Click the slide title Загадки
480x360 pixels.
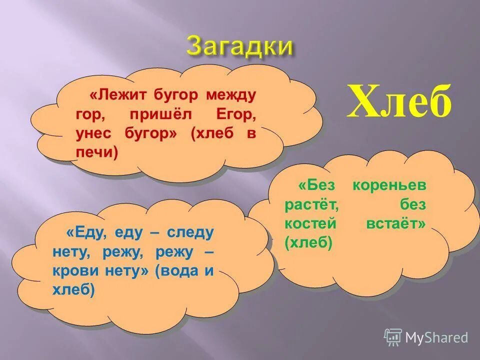[x=239, y=46]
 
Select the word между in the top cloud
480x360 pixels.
[x=232, y=94]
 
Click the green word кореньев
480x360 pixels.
[x=389, y=185]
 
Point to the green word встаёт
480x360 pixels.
[x=395, y=224]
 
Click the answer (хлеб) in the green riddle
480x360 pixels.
[x=308, y=243]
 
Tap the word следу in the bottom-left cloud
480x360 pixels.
[x=190, y=232]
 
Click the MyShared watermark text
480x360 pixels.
[x=436, y=337]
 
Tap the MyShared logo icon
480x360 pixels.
[x=392, y=337]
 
